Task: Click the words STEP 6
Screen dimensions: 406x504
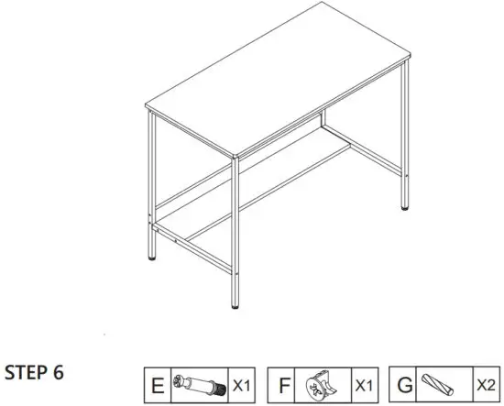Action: (34, 373)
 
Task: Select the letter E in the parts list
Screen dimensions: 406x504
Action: (157, 382)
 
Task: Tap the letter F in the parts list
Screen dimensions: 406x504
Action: (284, 382)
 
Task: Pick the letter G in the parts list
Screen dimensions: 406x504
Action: (402, 382)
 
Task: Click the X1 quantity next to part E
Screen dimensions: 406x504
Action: (241, 383)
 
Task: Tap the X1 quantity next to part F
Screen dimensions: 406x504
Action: (365, 383)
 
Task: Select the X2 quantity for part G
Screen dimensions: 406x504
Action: (485, 383)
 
